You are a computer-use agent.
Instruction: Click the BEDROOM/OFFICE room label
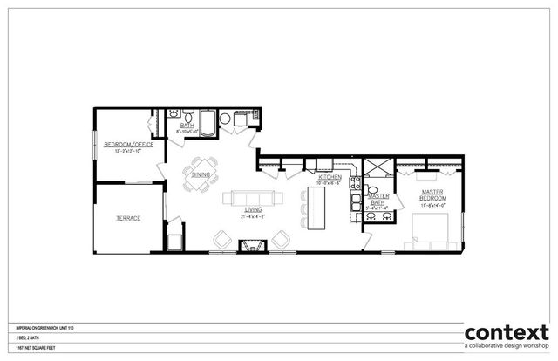tap(129, 145)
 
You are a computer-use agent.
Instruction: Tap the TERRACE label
tap(127, 218)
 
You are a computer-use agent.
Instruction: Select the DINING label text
tap(201, 174)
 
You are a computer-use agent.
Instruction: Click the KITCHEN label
tap(329, 177)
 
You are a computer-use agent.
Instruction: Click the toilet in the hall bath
tap(174, 114)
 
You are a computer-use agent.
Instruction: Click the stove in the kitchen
tap(356, 184)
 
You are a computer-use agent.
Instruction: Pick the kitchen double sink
tap(355, 204)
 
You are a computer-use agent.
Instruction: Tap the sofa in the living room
tap(253, 197)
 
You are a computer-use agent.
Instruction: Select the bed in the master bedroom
tap(432, 230)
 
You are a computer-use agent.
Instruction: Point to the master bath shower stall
tap(378, 169)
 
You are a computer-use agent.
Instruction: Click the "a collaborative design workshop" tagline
tap(507, 348)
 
